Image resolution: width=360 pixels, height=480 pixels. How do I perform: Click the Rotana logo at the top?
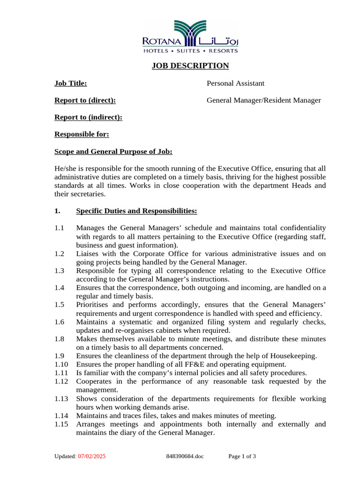click(x=190, y=37)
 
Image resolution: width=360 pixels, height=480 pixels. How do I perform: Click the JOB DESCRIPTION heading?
click(x=190, y=66)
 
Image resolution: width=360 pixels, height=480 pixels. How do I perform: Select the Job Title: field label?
click(x=71, y=83)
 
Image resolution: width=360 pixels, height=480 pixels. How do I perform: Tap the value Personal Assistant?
click(x=235, y=83)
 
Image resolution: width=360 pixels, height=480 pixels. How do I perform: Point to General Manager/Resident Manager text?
click(x=263, y=100)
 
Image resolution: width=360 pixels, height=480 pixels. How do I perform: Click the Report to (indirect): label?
click(x=88, y=117)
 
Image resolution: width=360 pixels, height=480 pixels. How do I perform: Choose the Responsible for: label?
click(x=82, y=135)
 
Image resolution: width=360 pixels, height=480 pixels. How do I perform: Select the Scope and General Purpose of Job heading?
click(x=113, y=151)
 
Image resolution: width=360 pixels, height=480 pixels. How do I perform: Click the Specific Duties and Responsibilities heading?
click(x=136, y=211)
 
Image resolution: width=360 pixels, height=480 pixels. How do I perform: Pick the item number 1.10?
click(x=61, y=364)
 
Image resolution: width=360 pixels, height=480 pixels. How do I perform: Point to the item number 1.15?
click(x=61, y=424)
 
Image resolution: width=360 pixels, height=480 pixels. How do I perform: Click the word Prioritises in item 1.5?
click(x=93, y=305)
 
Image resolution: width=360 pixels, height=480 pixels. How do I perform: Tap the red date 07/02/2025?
click(x=92, y=456)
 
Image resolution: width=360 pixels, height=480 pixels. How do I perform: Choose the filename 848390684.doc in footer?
click(x=185, y=456)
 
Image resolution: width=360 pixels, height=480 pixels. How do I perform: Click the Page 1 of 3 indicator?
click(x=242, y=456)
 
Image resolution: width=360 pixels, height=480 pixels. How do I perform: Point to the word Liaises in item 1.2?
click(x=88, y=254)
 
